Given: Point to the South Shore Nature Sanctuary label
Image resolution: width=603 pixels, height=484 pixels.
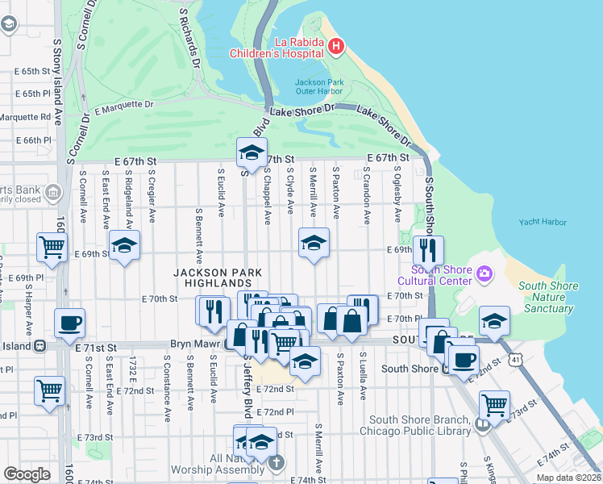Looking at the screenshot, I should pos(548,297).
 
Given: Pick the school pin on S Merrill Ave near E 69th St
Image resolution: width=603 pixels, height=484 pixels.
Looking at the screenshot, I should pos(314,242).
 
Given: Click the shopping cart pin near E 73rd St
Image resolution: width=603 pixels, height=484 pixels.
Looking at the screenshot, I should pos(494,404).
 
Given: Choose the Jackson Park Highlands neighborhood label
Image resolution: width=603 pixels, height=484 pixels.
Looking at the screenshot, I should pos(214,278).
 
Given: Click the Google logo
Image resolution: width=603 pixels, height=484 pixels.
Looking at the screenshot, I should pos(27,474).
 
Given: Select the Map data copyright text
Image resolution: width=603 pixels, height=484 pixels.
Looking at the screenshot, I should pos(568,478).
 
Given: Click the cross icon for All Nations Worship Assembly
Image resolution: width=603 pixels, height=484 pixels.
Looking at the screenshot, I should pos(277,462).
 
